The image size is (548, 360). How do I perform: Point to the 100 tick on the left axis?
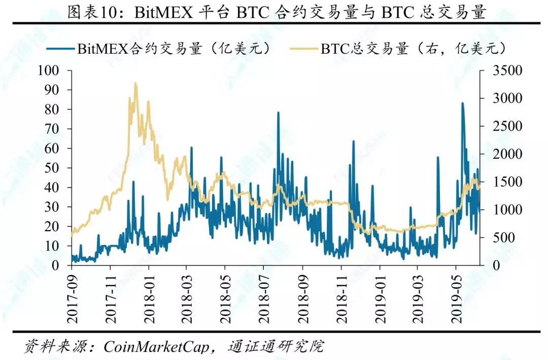click(50, 70)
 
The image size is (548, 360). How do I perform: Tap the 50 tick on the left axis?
click(53, 168)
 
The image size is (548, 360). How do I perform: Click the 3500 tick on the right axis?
click(507, 70)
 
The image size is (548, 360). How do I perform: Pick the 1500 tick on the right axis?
click(507, 182)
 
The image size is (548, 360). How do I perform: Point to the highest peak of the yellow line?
click(135, 83)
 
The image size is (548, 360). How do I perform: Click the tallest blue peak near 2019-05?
click(462, 103)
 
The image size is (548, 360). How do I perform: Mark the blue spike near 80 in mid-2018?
click(278, 113)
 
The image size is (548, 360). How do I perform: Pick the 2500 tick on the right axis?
click(507, 126)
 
